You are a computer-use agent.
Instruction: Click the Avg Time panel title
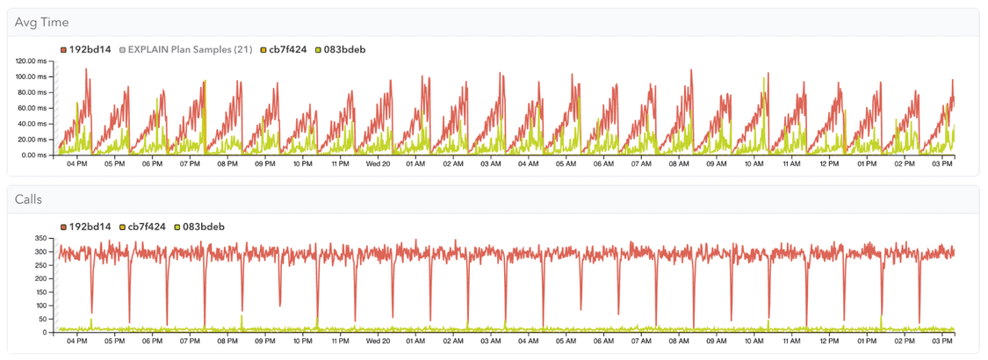42,22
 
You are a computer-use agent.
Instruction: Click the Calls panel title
29,199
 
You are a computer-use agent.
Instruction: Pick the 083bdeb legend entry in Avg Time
341,50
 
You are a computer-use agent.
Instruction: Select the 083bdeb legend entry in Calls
200,227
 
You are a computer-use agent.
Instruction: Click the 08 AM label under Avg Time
679,164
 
